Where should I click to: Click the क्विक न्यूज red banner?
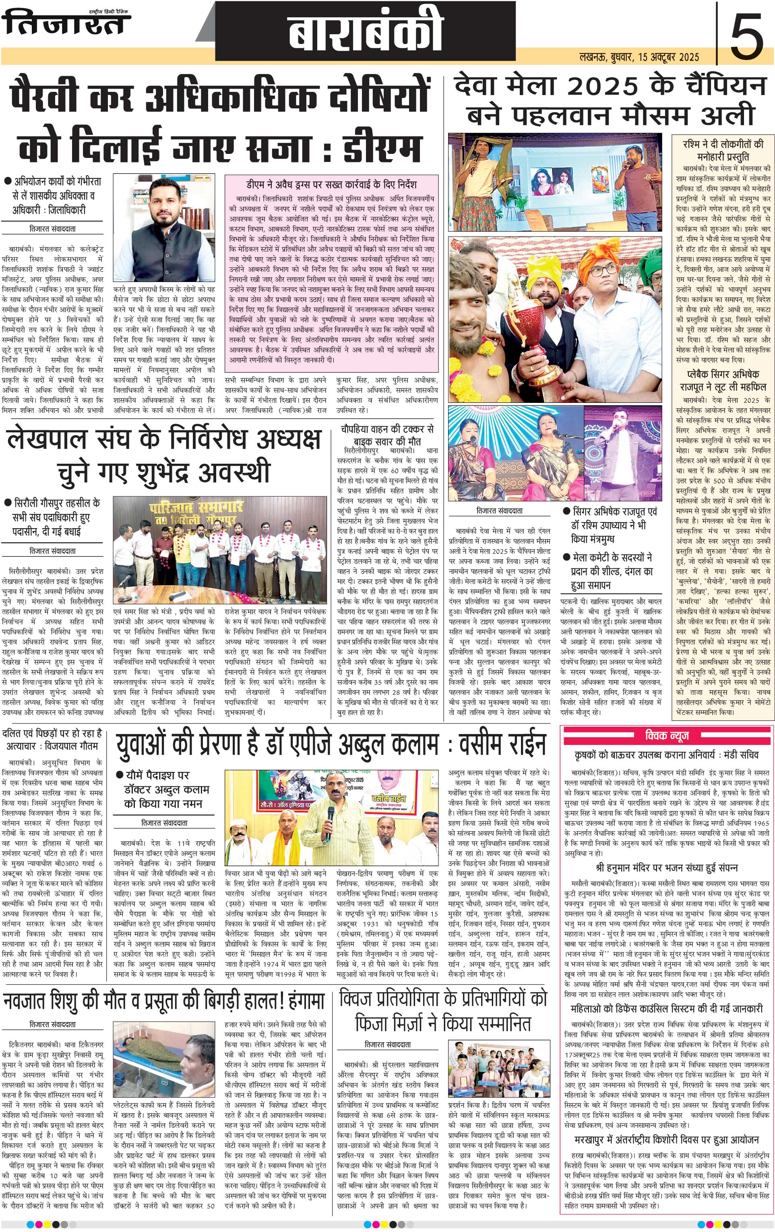point(667,736)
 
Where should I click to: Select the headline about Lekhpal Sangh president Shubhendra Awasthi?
point(163,455)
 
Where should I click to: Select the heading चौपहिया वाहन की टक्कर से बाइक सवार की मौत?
point(387,434)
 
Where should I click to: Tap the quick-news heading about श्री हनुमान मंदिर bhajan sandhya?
point(665,867)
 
